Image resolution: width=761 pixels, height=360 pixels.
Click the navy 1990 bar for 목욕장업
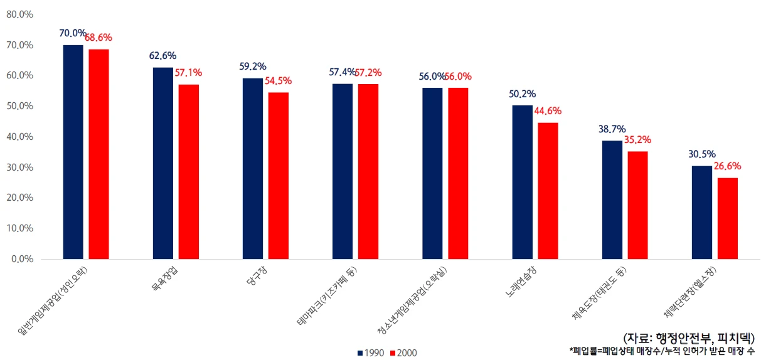[162, 163]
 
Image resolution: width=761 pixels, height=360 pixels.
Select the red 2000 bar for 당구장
[279, 176]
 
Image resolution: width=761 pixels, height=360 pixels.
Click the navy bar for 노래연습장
[522, 182]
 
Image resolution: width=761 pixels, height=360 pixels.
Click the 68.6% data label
[100, 38]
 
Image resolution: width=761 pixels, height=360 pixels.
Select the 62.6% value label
[162, 56]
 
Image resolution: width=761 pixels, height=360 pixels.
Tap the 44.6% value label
[548, 111]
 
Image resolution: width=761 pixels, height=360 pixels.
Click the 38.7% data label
[612, 129]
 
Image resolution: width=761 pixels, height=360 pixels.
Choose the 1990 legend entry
[371, 352]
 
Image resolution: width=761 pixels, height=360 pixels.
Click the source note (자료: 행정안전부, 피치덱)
[689, 337]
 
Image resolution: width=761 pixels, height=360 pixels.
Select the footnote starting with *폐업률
[662, 350]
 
